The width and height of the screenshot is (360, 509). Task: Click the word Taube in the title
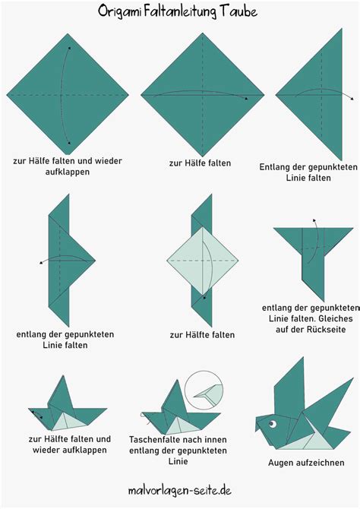point(238,11)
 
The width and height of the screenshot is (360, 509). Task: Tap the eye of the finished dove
point(272,424)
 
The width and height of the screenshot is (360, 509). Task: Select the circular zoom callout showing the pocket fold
point(204,390)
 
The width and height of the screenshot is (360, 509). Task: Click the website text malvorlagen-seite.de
point(180,490)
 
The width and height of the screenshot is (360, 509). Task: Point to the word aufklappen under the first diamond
point(67,172)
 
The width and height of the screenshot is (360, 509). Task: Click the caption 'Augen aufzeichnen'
point(306,462)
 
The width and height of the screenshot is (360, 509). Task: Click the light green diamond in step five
point(203,261)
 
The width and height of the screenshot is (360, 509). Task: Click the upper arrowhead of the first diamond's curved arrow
point(69,49)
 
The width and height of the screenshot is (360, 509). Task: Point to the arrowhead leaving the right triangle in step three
point(352,98)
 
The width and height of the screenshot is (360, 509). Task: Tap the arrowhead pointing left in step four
point(41,263)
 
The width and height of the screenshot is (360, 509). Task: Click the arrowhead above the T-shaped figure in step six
point(314,221)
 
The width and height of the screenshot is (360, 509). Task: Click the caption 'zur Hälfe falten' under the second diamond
point(200,163)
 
